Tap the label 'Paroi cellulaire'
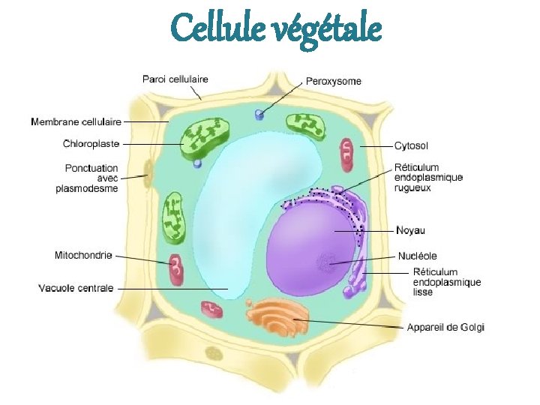pos(175,79)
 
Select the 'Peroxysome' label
pos(333,81)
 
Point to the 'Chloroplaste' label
pos(91,142)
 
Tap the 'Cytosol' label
pos(412,145)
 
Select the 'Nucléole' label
pos(418,256)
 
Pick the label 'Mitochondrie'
pos(83,255)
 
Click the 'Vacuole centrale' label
pos(76,287)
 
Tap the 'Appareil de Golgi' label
pos(445,326)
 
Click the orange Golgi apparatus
pos(278,316)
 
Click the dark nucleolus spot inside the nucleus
pos(326,262)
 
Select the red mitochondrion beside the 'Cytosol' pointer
pos(346,150)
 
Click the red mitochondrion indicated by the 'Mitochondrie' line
pos(176,269)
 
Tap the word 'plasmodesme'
pos(86,189)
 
